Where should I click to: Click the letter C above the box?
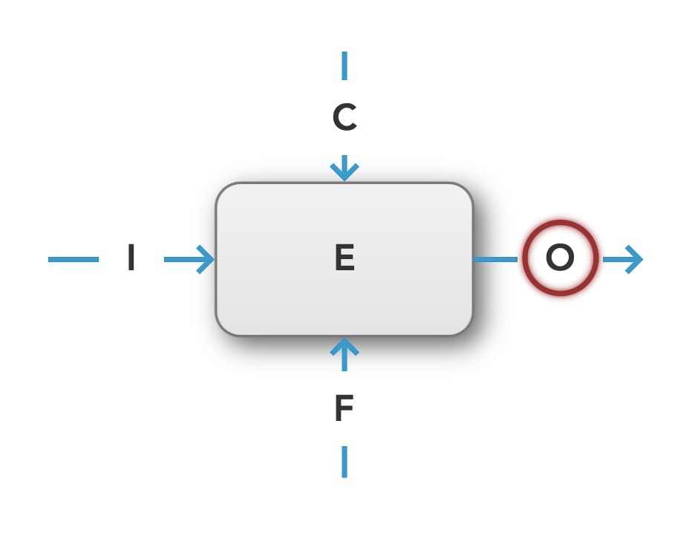345,118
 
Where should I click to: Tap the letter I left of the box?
131,258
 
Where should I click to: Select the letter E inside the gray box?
345,258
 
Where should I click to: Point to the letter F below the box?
343,408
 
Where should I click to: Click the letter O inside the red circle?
560,258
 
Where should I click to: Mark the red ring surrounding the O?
560,223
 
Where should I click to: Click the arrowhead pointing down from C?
344,171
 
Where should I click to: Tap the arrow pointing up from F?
344,353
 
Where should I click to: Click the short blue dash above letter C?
344,65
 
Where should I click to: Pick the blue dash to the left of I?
73,259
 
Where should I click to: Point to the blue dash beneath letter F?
344,461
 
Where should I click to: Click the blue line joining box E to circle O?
496,259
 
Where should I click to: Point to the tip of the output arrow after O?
641,259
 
